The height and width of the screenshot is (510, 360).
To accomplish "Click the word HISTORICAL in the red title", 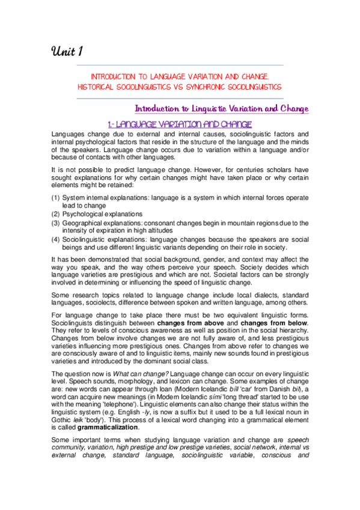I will click(x=97, y=87).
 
